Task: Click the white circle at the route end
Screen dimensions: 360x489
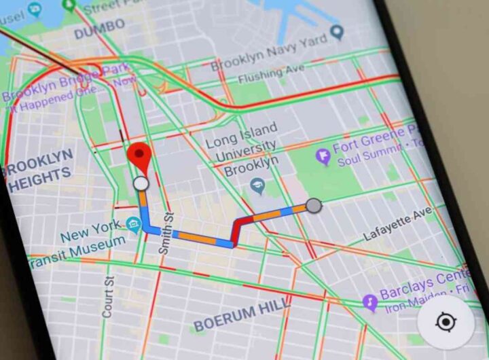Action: coord(141,183)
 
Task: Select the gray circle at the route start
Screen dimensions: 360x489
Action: coord(313,204)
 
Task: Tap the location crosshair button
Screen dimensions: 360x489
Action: coord(446,322)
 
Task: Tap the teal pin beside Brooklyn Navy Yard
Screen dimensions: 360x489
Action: coord(337,32)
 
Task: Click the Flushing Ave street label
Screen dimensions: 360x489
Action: coord(258,70)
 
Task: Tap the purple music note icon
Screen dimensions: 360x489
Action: coord(370,302)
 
